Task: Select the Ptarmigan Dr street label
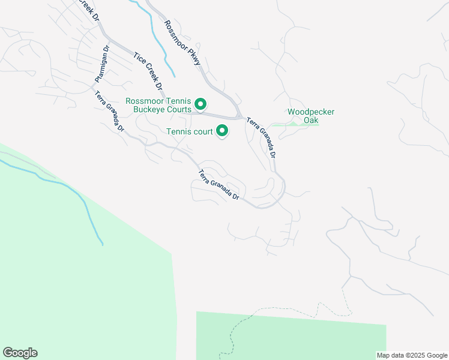pos(101,64)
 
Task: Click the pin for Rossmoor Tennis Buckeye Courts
pos(201,105)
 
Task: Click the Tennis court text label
pos(189,131)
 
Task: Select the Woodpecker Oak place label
pos(310,116)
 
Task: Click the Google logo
pos(20,353)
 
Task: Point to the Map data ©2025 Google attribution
pos(412,355)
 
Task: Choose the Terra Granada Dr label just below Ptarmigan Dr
pos(109,111)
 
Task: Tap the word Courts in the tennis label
pos(179,109)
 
